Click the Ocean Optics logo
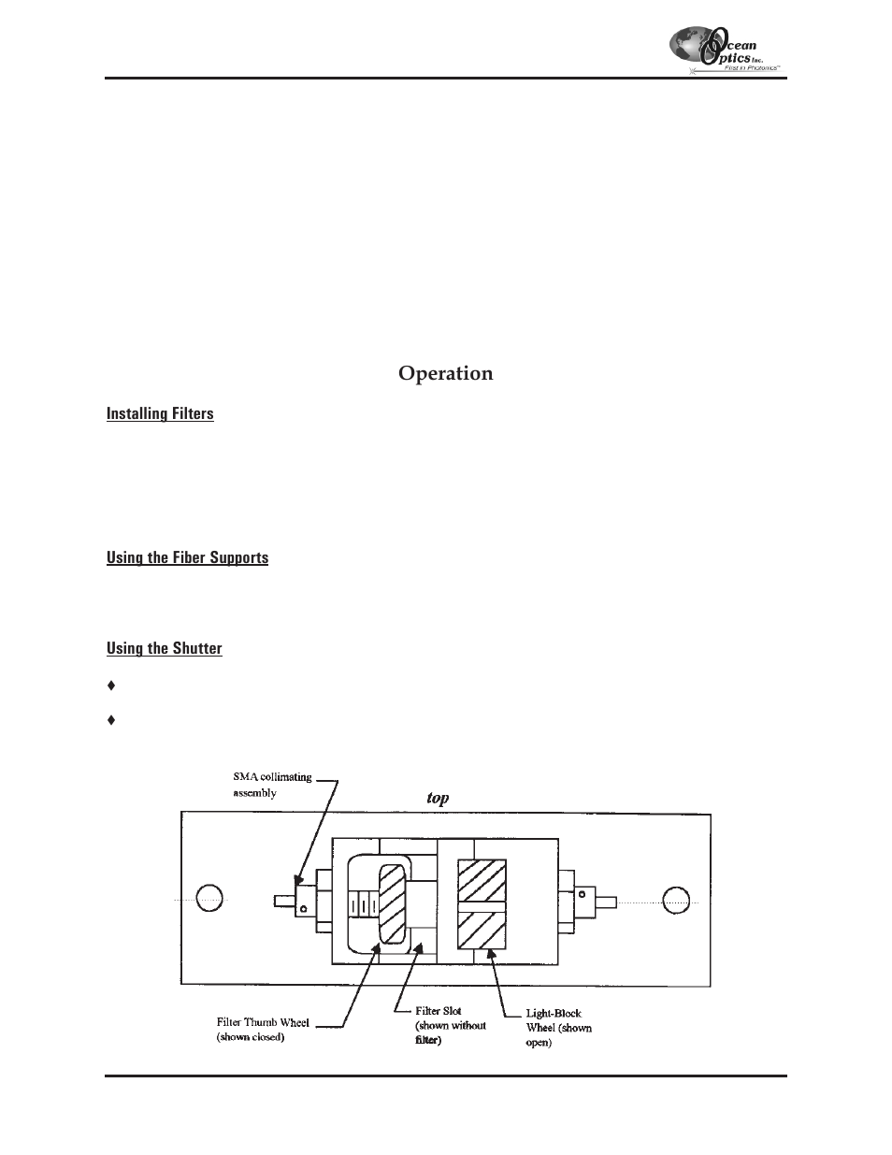(727, 51)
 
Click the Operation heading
(446, 374)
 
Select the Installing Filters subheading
(160, 413)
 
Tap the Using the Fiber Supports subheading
(188, 557)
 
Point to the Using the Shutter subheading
(165, 648)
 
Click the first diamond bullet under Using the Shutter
(111, 686)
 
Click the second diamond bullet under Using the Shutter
(111, 720)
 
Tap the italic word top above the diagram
(438, 798)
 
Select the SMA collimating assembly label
(272, 785)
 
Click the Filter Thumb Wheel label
(263, 1030)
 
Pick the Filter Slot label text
(451, 1025)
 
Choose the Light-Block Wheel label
(559, 1028)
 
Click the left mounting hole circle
(209, 898)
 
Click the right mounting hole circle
(676, 901)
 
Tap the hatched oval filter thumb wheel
(392, 903)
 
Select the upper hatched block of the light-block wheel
(482, 880)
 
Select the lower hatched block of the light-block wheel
(482, 931)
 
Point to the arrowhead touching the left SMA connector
(298, 879)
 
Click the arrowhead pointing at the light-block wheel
(492, 957)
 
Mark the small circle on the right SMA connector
(582, 894)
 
